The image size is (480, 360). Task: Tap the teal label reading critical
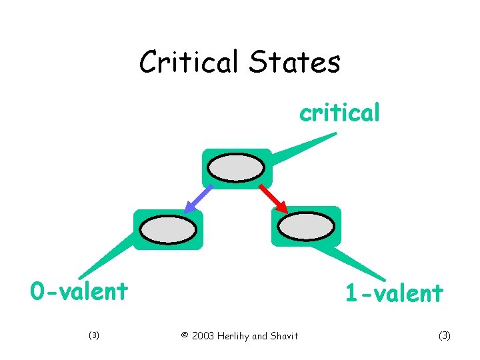tap(340, 113)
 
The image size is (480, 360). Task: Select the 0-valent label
tap(79, 291)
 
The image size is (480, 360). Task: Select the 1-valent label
tap(394, 293)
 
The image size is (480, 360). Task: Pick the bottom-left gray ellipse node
tap(168, 229)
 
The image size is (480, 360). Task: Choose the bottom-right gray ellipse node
tap(305, 227)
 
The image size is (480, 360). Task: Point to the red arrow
tap(273, 199)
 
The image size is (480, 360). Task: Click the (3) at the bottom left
tap(94, 335)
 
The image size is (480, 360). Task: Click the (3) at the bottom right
tap(445, 335)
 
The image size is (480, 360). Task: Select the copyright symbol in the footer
tap(185, 335)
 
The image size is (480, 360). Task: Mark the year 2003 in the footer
tap(203, 335)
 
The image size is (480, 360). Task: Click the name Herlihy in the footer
tap(235, 335)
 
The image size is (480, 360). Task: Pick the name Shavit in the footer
tap(285, 335)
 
